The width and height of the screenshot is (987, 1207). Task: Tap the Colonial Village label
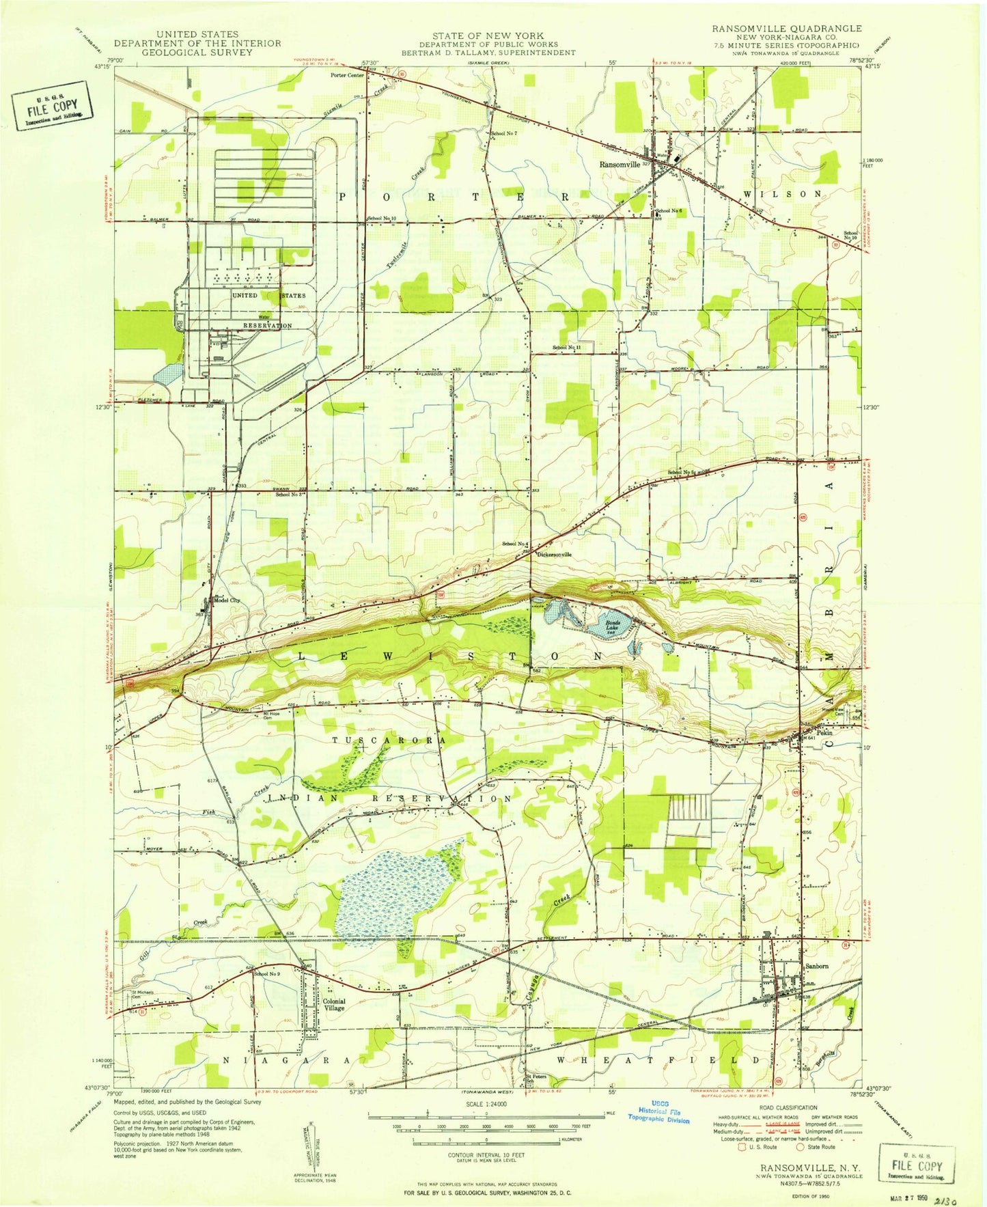tap(334, 1004)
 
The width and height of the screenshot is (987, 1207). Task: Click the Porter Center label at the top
tap(347, 75)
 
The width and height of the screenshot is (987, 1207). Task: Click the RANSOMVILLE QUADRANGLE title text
tap(786, 29)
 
